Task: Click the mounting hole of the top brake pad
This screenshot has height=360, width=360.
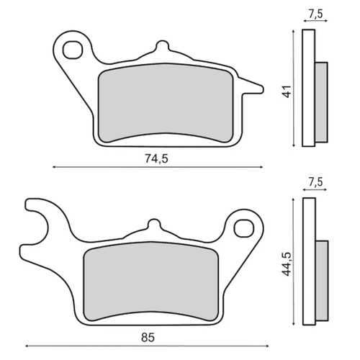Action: [x=73, y=49]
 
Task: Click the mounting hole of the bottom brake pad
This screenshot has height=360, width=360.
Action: [x=241, y=229]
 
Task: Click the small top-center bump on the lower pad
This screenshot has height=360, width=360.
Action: [x=151, y=225]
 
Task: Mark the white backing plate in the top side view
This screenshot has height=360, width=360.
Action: [x=310, y=87]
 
